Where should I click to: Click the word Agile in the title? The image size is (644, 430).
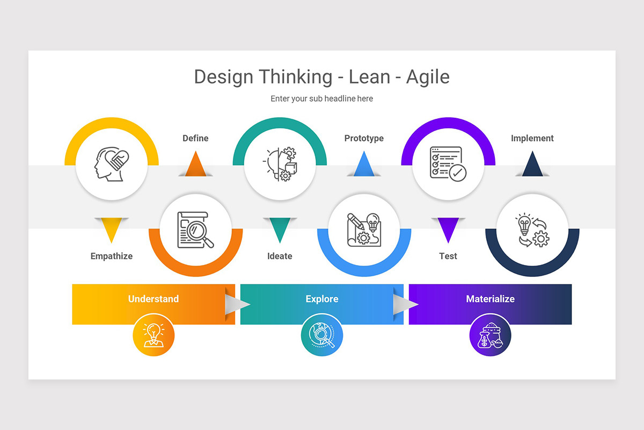(x=428, y=77)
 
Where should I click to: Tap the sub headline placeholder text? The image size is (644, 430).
(x=321, y=99)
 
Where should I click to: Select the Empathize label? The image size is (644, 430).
(x=112, y=256)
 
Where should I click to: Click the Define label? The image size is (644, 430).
(x=195, y=138)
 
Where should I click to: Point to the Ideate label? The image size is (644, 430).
(x=280, y=256)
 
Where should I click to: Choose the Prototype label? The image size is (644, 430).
(x=364, y=138)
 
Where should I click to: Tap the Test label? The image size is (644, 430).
(x=448, y=256)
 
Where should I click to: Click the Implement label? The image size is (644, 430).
(x=532, y=138)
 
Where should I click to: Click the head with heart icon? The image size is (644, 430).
(x=112, y=164)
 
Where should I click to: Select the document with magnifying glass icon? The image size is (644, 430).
(x=196, y=230)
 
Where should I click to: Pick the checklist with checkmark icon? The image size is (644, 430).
(x=448, y=164)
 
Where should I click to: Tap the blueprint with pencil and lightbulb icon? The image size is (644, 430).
(x=364, y=230)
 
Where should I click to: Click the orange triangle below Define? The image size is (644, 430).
(x=195, y=166)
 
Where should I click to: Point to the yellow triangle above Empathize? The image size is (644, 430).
(x=112, y=228)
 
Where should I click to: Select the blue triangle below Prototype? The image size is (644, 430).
(x=364, y=166)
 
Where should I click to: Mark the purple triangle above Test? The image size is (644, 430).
(x=448, y=228)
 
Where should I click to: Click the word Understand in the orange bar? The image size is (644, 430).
(x=153, y=299)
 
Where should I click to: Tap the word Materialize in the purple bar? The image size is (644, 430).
(x=490, y=299)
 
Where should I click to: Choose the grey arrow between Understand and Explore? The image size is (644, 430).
(x=237, y=304)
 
